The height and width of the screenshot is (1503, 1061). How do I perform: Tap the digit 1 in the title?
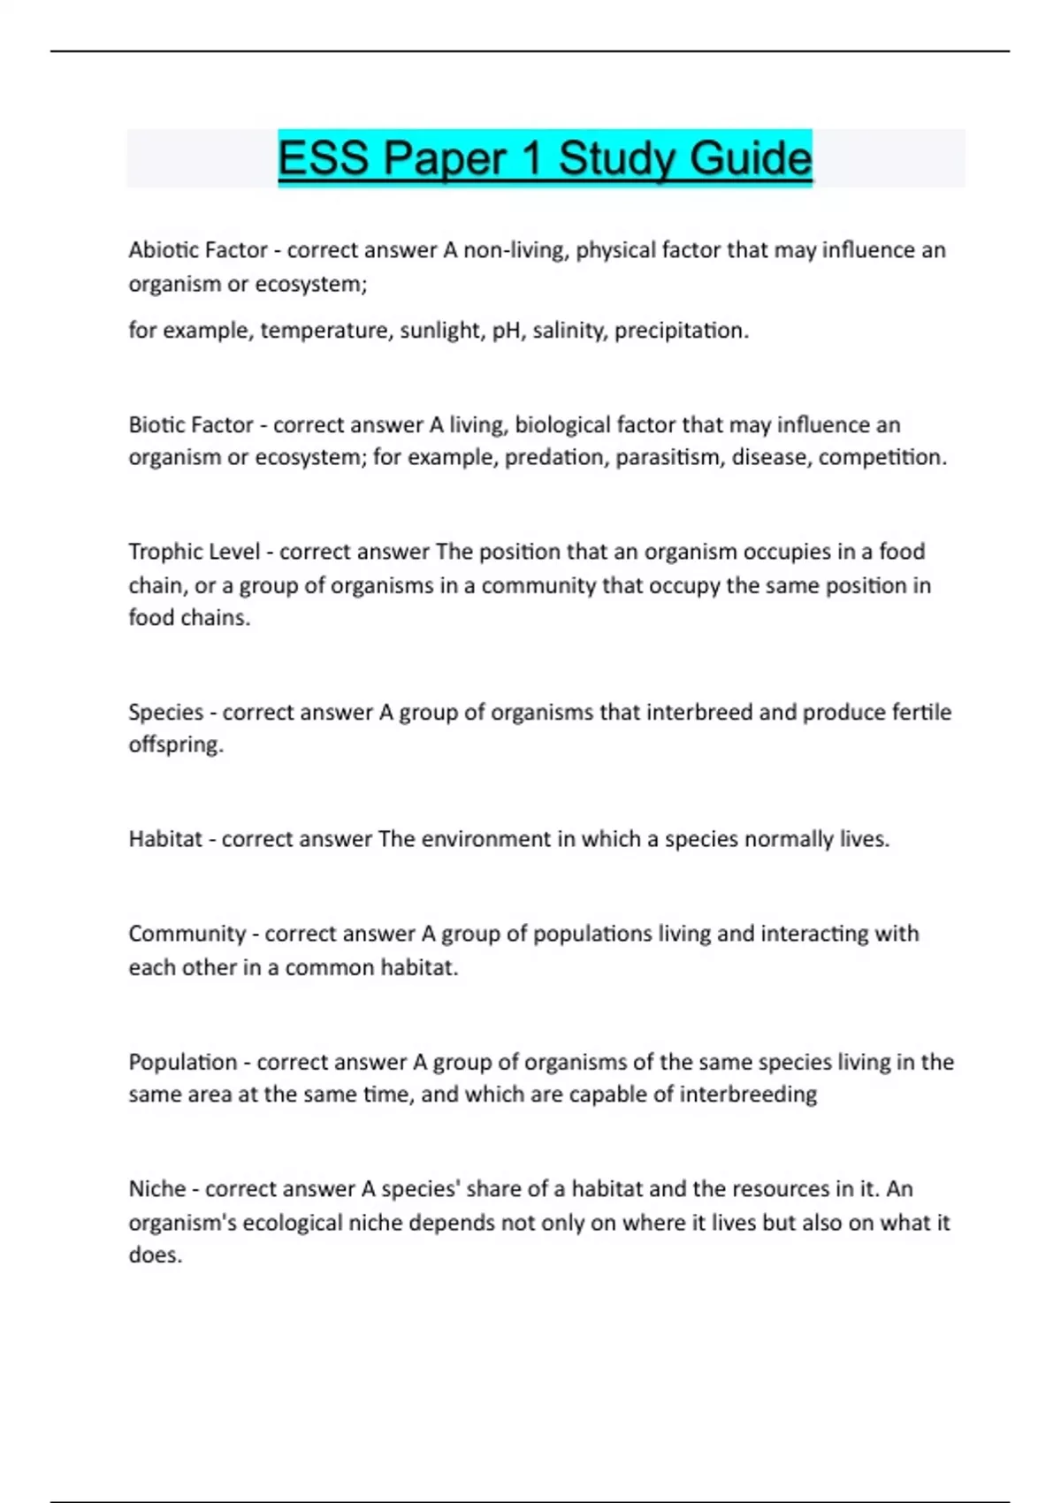[530, 159]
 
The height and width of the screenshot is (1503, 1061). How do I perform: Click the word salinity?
[569, 331]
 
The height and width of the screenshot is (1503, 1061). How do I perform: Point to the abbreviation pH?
[506, 331]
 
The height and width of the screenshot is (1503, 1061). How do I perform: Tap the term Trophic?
[162, 552]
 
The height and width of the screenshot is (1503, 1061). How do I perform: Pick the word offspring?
[175, 744]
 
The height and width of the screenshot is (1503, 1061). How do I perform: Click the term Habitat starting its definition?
[165, 839]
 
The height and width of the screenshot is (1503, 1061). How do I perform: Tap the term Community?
[187, 934]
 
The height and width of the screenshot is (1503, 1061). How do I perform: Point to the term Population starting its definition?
[183, 1062]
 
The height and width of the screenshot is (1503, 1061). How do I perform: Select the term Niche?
[157, 1189]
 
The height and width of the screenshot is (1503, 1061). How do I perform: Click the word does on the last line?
[155, 1255]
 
